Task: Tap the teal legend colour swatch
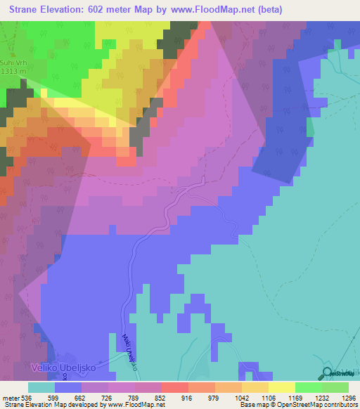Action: point(41,387)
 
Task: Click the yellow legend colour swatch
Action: point(282,387)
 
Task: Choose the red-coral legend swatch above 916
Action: point(175,387)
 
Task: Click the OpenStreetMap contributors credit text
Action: point(321,405)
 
